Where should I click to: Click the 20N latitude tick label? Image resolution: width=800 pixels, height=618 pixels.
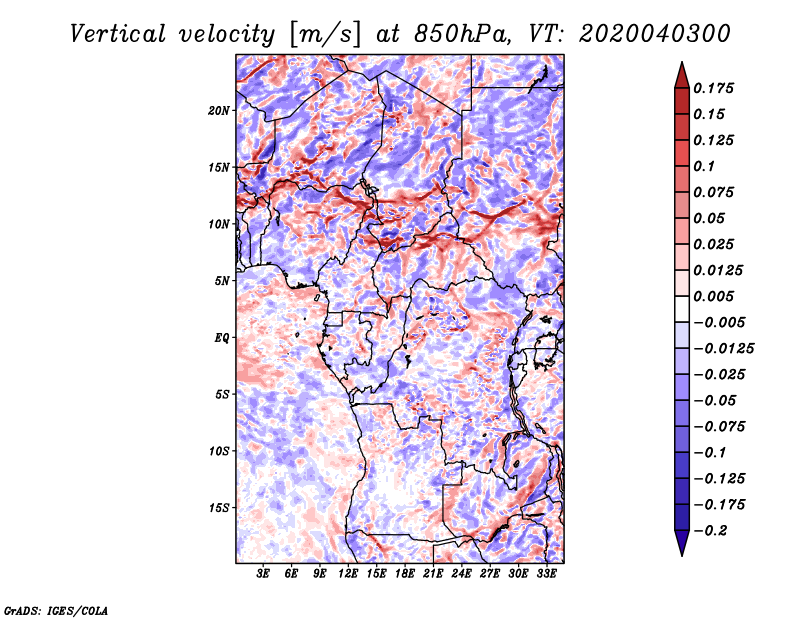click(x=218, y=111)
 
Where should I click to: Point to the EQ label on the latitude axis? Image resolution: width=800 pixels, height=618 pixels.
click(x=221, y=338)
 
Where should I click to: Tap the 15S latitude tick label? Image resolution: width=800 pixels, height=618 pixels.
click(x=219, y=508)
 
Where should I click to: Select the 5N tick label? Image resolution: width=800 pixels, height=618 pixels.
click(x=221, y=281)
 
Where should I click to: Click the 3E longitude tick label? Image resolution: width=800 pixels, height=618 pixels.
click(x=263, y=574)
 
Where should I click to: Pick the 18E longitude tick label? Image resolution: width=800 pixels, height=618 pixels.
click(x=405, y=574)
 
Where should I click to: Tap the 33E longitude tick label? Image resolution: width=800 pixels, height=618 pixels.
click(x=546, y=574)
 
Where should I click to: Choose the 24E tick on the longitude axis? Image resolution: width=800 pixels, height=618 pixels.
click(x=461, y=574)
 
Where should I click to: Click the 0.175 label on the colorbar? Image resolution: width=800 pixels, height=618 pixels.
click(x=713, y=88)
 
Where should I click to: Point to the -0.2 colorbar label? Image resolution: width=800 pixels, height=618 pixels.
click(x=710, y=531)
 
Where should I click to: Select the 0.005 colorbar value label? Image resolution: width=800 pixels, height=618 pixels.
click(x=713, y=296)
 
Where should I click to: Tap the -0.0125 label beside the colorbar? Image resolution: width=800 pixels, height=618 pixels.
click(x=723, y=349)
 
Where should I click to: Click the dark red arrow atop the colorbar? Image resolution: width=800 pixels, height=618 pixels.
click(x=682, y=76)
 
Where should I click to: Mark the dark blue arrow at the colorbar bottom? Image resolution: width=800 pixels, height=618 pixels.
click(x=682, y=543)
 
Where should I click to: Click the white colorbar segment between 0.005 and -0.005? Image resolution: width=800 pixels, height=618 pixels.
click(x=682, y=309)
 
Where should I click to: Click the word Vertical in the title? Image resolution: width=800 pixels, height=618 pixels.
click(x=118, y=34)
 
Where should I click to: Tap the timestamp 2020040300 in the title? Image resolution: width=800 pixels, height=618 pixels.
click(x=655, y=34)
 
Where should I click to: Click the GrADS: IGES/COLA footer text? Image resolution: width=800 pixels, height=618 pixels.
click(x=56, y=610)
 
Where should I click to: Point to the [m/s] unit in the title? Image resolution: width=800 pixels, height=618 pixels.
click(x=325, y=34)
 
